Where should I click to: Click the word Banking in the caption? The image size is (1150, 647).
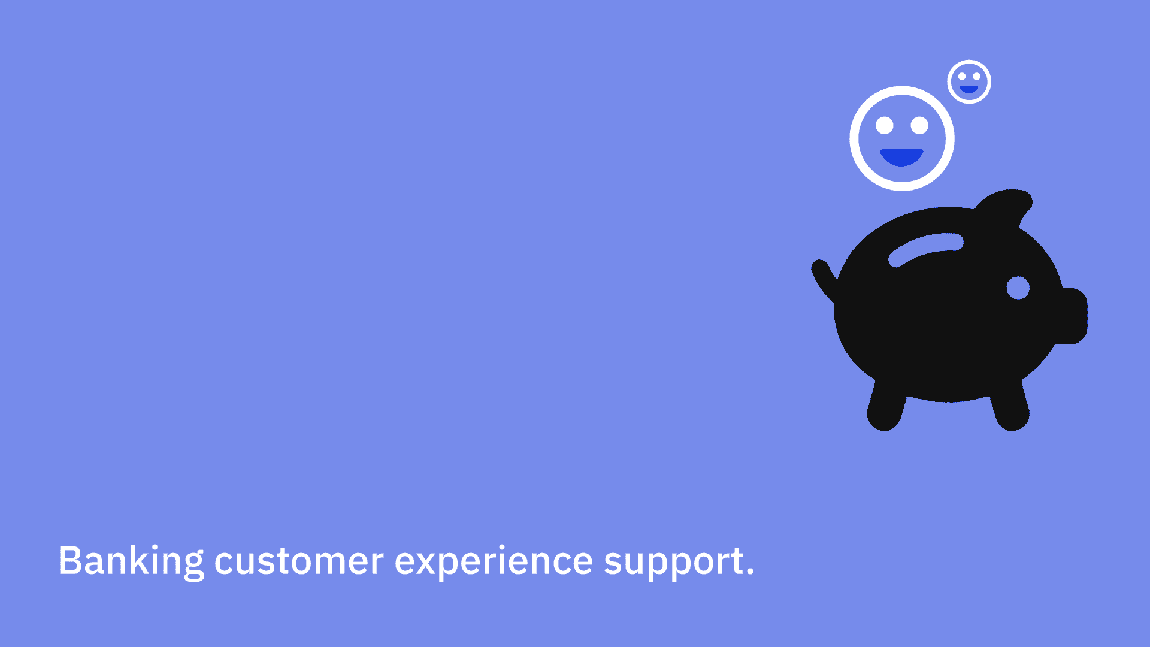pos(131,562)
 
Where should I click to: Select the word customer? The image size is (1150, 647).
pos(299,562)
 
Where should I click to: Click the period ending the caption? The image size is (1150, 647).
pos(750,573)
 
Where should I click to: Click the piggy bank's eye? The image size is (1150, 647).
pos(1018,288)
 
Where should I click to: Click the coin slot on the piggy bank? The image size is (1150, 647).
pos(925,249)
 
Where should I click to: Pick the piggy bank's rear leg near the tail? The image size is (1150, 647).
pos(887,405)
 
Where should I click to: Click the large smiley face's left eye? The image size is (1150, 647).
pos(885,126)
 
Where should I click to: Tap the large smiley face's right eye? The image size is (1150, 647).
pos(919,126)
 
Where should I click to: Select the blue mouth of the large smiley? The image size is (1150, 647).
pos(901,157)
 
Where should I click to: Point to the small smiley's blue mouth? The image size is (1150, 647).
pos(969,90)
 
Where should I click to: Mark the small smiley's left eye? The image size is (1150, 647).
pos(962,77)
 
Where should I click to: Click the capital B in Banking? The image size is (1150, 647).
pos(69,561)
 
